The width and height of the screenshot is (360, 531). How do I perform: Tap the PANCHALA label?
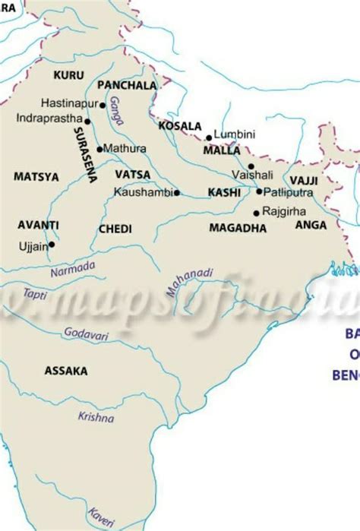coord(127,86)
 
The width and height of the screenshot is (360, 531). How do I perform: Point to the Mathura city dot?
coord(99,148)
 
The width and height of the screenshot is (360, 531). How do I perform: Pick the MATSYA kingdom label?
coord(36,176)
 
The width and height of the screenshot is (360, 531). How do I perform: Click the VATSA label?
coord(132,175)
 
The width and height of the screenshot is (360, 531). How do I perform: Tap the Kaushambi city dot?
coord(176,193)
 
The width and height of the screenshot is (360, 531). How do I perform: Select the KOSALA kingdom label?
coord(180,126)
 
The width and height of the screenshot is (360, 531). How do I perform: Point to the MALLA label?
coord(222,150)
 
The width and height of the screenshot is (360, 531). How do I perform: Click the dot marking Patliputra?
coord(258,191)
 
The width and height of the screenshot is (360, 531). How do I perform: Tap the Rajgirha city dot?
coord(256,212)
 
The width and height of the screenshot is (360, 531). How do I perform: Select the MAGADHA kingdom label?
coord(237,228)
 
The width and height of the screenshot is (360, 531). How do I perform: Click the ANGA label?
coord(311,225)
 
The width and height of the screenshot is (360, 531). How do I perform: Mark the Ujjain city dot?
coord(52,245)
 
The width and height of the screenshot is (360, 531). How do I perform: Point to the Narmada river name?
coord(73,268)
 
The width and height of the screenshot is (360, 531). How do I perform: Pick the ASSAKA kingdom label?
coord(65,371)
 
